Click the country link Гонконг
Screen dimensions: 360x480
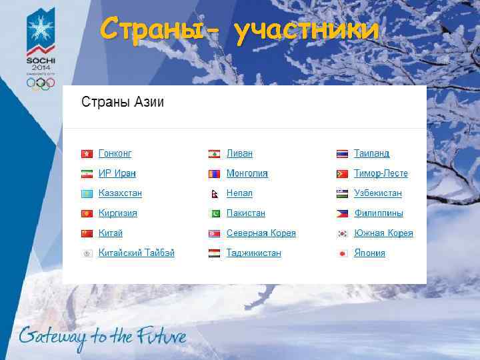[x=115, y=153]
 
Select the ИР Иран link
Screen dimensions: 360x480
[x=117, y=173]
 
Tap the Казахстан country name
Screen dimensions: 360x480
[x=120, y=193]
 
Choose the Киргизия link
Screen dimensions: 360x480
[x=117, y=213]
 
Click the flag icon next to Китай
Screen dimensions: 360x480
[x=86, y=233]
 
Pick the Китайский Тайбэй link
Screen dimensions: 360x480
[x=136, y=253]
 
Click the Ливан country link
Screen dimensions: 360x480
[x=239, y=153]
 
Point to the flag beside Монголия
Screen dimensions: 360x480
[x=214, y=173]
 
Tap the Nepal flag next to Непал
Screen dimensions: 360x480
[x=214, y=193]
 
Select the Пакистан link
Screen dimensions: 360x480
[x=245, y=213]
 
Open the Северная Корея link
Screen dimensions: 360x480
[x=261, y=233]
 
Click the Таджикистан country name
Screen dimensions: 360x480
[x=253, y=253]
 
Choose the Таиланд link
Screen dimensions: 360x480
[x=371, y=153]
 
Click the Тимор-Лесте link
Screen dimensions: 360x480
[x=381, y=173]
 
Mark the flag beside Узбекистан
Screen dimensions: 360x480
[x=342, y=193]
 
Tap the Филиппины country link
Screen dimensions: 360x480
[x=378, y=213]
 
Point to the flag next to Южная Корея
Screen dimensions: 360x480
[x=342, y=233]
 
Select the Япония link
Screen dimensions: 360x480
[x=369, y=253]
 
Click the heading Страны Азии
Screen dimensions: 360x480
[x=123, y=103]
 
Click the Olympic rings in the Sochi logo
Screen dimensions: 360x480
[x=41, y=83]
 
